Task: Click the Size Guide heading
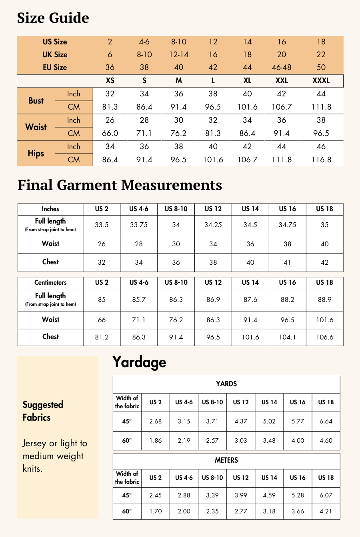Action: point(53,18)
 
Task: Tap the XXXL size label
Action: point(321,80)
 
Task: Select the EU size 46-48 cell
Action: point(282,67)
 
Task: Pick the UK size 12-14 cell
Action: point(178,54)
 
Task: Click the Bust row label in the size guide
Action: point(36,101)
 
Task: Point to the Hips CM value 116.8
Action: point(321,160)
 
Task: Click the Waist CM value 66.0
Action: point(110,133)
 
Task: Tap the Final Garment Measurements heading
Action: point(120,185)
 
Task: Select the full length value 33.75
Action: point(138,225)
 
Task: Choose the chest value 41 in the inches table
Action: point(287,262)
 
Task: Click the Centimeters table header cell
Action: point(50,282)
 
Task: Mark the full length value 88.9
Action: point(324,299)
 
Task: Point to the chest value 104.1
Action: point(287,337)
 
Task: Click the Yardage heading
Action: point(139,362)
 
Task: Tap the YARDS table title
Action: point(226,384)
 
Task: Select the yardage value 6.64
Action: point(326,421)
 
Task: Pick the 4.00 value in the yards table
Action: point(298,441)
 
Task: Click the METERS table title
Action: point(226,460)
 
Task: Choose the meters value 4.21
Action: point(326,511)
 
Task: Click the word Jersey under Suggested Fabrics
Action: point(34,443)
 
